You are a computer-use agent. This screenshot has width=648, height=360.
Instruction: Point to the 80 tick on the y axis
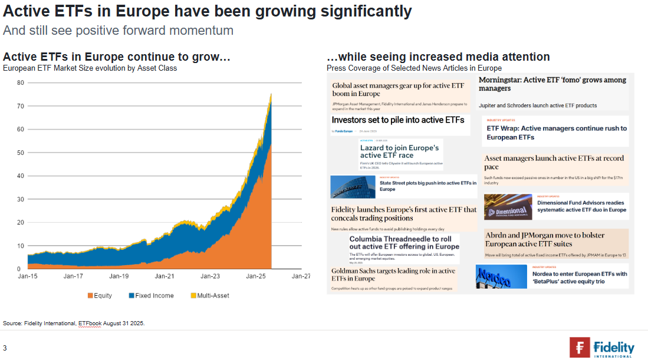click(x=20, y=82)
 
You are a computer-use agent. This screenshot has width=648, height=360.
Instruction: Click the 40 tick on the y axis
click(x=20, y=176)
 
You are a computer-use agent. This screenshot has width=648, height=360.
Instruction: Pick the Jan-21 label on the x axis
click(x=165, y=276)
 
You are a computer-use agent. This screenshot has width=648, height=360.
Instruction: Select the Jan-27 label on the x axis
click(x=301, y=276)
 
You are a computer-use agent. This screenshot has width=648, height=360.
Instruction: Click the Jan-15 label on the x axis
click(x=27, y=276)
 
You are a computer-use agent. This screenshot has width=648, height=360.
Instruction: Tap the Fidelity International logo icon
click(x=580, y=347)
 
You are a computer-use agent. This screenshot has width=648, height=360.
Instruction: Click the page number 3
click(x=5, y=348)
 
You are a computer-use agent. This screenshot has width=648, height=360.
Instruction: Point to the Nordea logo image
click(x=501, y=276)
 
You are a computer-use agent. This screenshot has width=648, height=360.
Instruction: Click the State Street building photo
click(x=353, y=187)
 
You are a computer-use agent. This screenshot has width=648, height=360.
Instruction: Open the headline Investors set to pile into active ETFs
click(x=397, y=120)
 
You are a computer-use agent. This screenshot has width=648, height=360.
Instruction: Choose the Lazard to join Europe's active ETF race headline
click(x=399, y=151)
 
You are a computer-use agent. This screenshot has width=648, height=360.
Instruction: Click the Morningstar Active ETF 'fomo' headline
click(x=552, y=84)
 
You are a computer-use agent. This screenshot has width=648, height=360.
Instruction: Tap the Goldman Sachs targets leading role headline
click(x=393, y=275)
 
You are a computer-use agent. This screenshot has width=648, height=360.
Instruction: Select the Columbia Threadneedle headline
click(x=404, y=243)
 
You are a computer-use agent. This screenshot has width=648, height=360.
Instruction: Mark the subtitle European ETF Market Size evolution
click(x=90, y=68)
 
